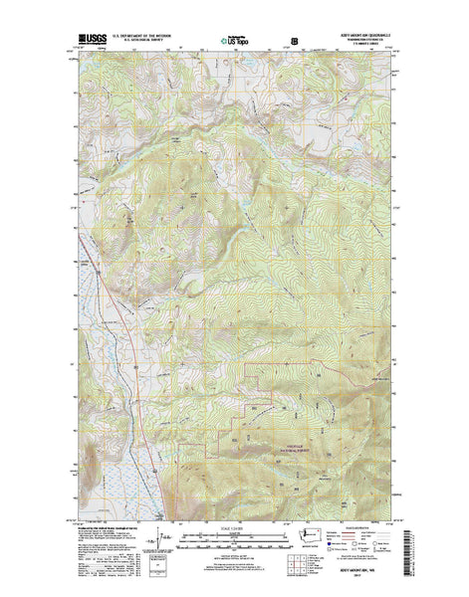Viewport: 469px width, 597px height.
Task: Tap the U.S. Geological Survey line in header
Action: pos(144,41)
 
